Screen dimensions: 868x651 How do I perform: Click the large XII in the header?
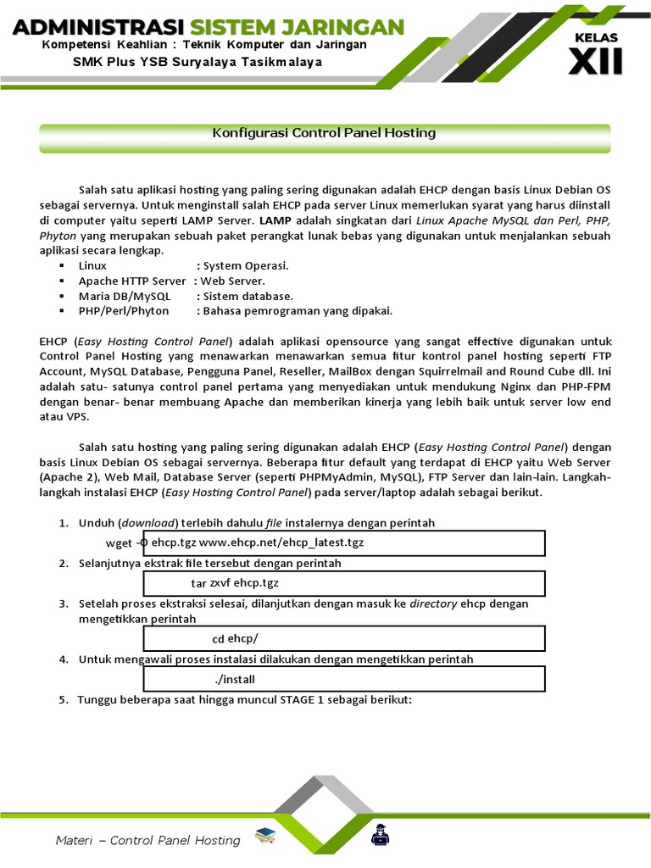598,62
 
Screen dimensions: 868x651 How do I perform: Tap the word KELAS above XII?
597,37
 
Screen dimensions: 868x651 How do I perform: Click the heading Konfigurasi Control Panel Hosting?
323,133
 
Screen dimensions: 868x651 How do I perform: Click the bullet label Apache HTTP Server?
132,281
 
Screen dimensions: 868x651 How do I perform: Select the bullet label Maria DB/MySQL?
125,296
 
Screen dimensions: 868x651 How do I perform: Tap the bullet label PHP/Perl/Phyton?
124,311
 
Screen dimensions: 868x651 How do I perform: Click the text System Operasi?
246,265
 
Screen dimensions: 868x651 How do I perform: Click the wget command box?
343,542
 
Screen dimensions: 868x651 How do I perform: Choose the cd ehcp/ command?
235,638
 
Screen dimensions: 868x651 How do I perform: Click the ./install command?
235,679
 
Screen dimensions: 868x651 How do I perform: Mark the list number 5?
63,699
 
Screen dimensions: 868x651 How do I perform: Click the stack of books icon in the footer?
264,838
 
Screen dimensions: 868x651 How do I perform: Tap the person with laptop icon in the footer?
379,837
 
